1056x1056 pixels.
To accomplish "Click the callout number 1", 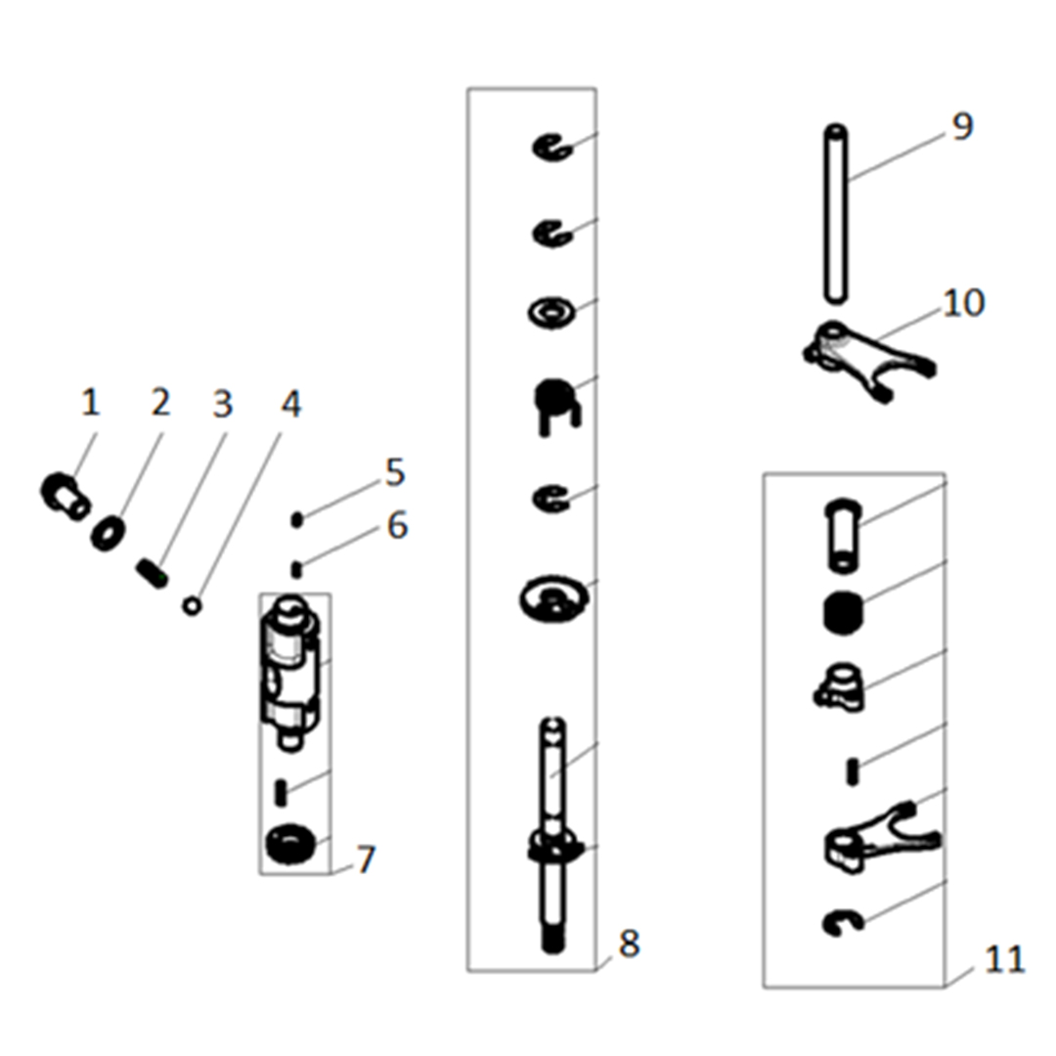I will click(x=90, y=402).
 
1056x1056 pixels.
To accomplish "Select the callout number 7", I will click(x=365, y=860).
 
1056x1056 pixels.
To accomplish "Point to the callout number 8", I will click(x=628, y=944).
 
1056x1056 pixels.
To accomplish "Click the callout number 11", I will click(x=1004, y=959).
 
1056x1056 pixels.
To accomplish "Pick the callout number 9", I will click(x=962, y=126).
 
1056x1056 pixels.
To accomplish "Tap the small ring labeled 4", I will click(x=193, y=606).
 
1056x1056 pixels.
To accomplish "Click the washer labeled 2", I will click(x=108, y=534).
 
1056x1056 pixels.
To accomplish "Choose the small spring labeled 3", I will click(x=152, y=570).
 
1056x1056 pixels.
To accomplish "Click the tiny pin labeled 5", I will click(x=297, y=519).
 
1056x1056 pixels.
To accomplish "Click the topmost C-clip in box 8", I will click(x=550, y=147).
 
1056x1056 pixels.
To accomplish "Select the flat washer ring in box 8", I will click(x=550, y=314).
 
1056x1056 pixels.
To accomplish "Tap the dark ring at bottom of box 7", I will click(x=290, y=844).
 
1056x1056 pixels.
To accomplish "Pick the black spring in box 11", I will click(x=843, y=614).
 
